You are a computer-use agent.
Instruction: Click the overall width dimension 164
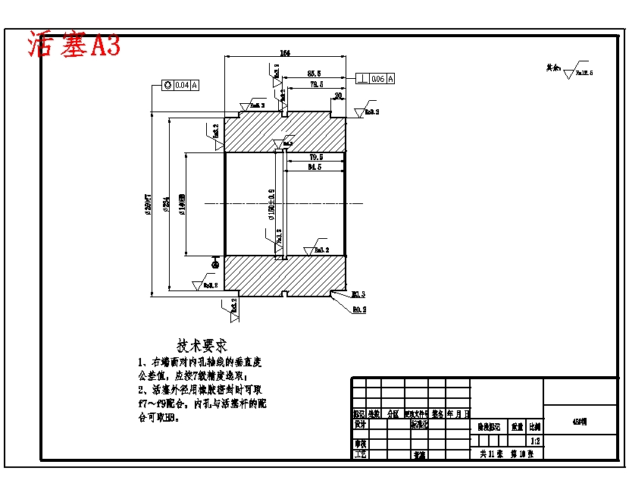(x=285, y=53)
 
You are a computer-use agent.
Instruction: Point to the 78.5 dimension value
(x=316, y=85)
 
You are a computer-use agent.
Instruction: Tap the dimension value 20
(x=338, y=96)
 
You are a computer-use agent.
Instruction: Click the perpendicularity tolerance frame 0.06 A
(x=375, y=78)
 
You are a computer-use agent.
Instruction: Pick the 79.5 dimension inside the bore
(x=316, y=157)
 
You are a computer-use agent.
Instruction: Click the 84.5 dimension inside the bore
(x=316, y=167)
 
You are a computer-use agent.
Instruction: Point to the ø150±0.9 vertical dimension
(x=271, y=204)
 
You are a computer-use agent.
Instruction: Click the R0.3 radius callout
(x=359, y=294)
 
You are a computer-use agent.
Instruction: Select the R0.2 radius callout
(x=359, y=309)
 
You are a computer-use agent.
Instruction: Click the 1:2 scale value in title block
(x=535, y=441)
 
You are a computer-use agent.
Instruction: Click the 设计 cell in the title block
(x=360, y=425)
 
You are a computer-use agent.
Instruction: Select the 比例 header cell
(x=535, y=428)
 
